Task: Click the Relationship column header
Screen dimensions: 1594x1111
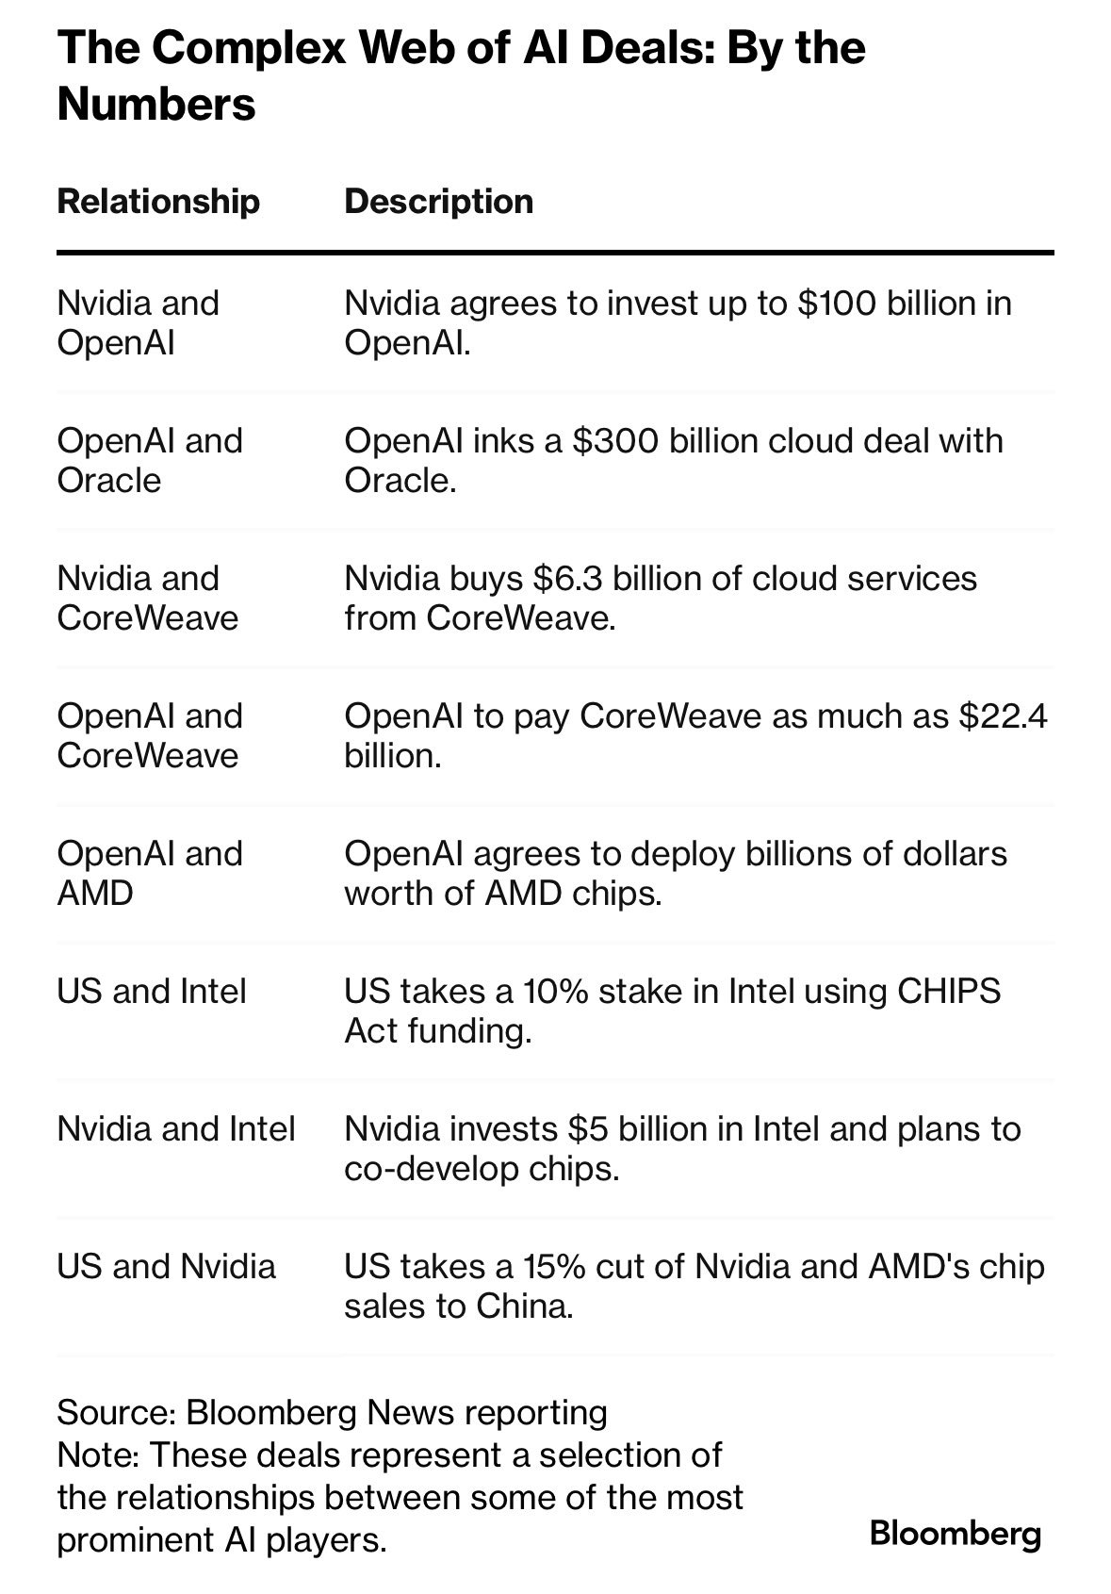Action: (x=158, y=202)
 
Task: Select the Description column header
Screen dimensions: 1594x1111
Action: (x=438, y=202)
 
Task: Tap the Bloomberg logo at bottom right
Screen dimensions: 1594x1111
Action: (x=956, y=1534)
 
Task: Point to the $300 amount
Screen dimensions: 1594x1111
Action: (x=615, y=441)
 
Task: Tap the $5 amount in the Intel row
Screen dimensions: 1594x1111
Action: (x=586, y=1129)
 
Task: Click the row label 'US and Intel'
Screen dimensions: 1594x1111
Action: (x=152, y=992)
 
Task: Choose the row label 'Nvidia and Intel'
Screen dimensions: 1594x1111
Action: (x=176, y=1129)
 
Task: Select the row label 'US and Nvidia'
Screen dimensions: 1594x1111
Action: (x=166, y=1267)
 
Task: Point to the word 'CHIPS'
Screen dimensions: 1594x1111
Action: (x=948, y=992)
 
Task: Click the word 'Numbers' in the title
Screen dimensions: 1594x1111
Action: (x=156, y=104)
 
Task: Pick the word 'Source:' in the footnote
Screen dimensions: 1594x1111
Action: (x=117, y=1413)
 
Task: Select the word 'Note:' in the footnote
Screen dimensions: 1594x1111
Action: (x=98, y=1455)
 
